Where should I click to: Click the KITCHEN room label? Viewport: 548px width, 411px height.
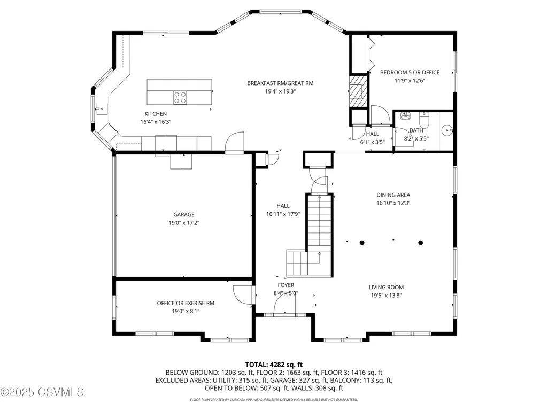156,114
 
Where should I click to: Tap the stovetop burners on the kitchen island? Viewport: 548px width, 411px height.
180,97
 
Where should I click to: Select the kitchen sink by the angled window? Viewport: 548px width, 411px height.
102,108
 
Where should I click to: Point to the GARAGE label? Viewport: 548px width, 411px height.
184,215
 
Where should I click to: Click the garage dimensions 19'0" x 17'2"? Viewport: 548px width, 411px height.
184,223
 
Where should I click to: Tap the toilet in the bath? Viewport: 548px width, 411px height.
424,120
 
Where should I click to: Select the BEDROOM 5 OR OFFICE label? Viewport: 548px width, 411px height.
410,72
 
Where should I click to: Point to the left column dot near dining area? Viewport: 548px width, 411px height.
362,243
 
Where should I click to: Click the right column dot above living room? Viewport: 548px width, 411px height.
421,243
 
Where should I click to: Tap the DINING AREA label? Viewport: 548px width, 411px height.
393,195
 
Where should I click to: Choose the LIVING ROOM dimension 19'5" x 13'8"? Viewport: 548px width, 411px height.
386,296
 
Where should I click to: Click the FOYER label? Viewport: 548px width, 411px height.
286,285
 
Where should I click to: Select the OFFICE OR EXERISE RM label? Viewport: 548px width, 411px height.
186,304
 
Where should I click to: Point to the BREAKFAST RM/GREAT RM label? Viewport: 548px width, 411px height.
280,83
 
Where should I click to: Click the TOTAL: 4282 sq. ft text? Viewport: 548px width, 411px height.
274,365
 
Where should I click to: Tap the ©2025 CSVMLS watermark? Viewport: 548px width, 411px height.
42,392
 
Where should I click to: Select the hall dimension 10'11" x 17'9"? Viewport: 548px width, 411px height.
283,214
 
